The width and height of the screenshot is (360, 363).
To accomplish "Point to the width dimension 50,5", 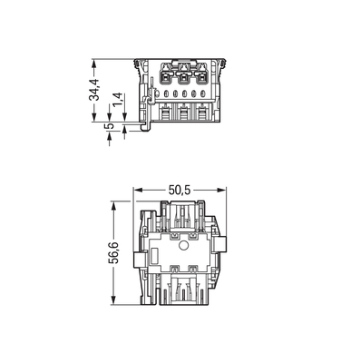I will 180,191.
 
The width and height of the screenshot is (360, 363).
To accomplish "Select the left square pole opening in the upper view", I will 168,77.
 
